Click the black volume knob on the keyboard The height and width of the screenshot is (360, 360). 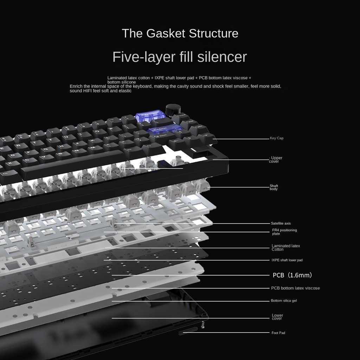[x=171, y=110]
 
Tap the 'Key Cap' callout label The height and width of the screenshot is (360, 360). [x=276, y=138]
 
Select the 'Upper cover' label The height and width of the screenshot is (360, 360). [x=275, y=160]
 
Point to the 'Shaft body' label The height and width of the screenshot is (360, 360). [x=274, y=187]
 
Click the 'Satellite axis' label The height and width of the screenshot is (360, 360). [x=281, y=223]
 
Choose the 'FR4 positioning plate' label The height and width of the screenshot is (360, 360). [x=284, y=232]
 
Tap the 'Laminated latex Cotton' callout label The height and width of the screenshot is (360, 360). [x=285, y=247]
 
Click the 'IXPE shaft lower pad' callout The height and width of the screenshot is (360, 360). [x=287, y=260]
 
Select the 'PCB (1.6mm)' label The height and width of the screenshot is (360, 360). [x=292, y=275]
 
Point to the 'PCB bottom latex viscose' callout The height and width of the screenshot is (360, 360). [x=295, y=288]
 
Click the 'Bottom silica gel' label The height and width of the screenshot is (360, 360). [x=284, y=301]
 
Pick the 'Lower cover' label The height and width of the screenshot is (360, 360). [x=277, y=317]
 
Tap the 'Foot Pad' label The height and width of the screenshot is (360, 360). [x=278, y=333]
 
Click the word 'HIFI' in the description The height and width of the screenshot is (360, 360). [x=87, y=91]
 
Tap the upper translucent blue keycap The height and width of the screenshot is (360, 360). [x=150, y=116]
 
